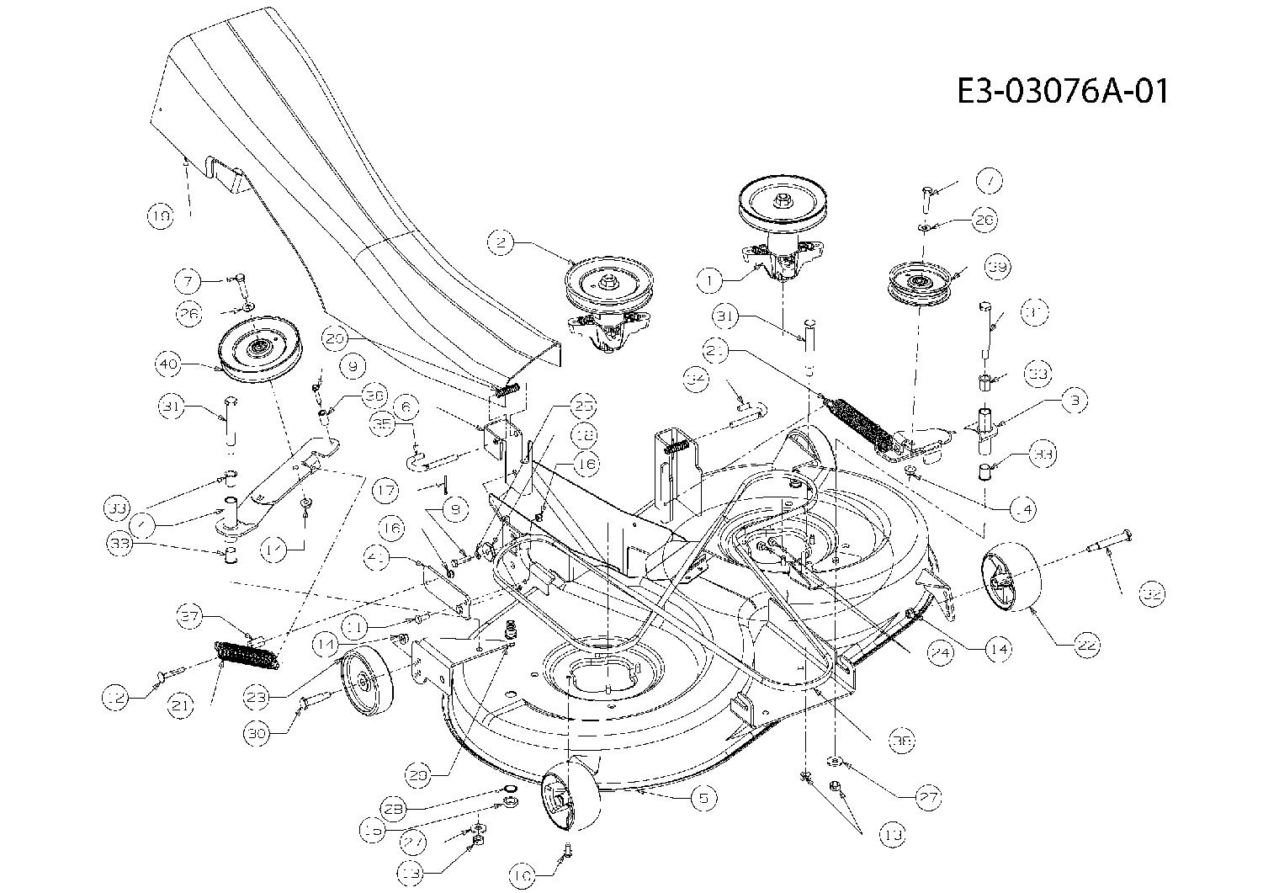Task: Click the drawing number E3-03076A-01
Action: tap(1063, 90)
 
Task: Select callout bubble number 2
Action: tap(501, 242)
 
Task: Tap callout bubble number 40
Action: tap(168, 365)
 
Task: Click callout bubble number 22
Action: tap(1085, 646)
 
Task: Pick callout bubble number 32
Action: tap(1151, 593)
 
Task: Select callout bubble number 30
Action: tap(258, 732)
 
